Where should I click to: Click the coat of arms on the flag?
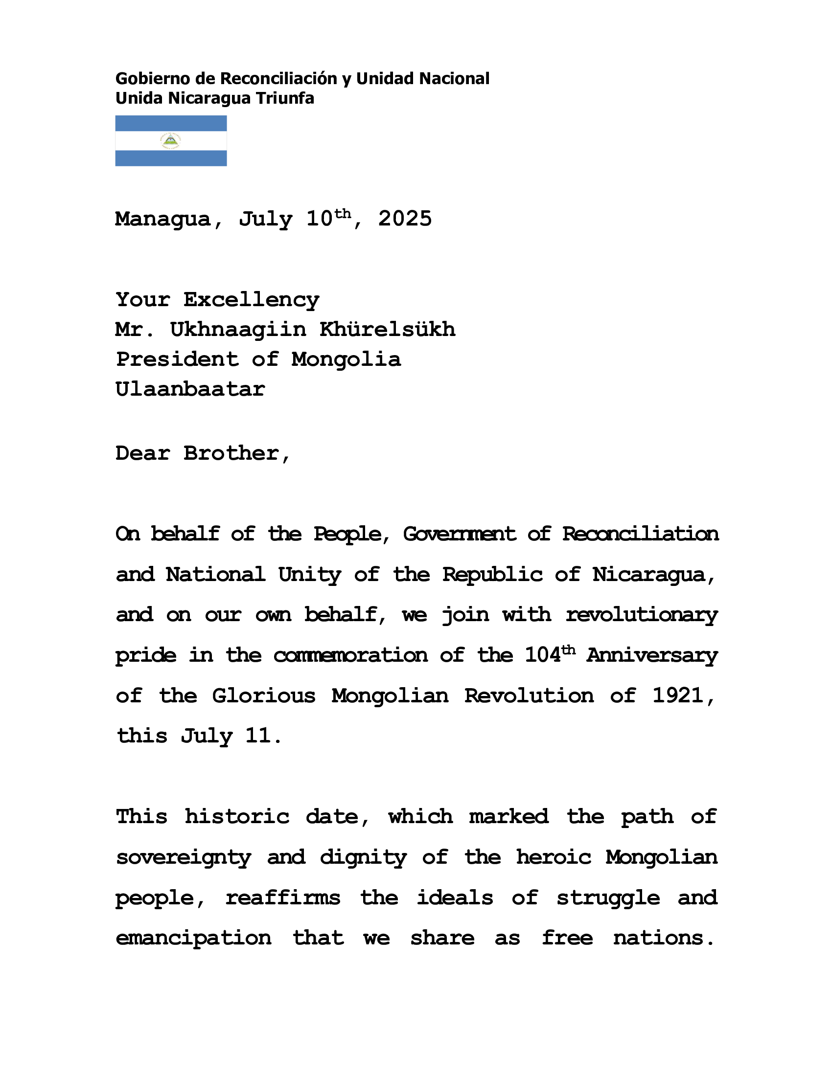pyautogui.click(x=170, y=141)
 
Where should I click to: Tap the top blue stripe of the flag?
pyautogui.click(x=170, y=123)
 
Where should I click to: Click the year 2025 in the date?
pyautogui.click(x=405, y=219)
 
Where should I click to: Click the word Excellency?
pyautogui.click(x=252, y=299)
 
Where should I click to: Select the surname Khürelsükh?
pyautogui.click(x=388, y=330)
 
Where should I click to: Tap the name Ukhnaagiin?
pyautogui.click(x=238, y=330)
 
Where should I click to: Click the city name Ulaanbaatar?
pyautogui.click(x=190, y=390)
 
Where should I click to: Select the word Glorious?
pyautogui.click(x=264, y=696)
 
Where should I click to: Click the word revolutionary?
pyautogui.click(x=642, y=615)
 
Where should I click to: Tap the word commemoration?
pyautogui.click(x=350, y=656)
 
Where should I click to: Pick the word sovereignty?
pyautogui.click(x=184, y=858)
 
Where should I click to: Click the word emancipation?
pyautogui.click(x=193, y=938)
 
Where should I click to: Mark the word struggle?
pyautogui.click(x=608, y=898)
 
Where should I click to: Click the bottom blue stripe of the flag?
pyautogui.click(x=170, y=158)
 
